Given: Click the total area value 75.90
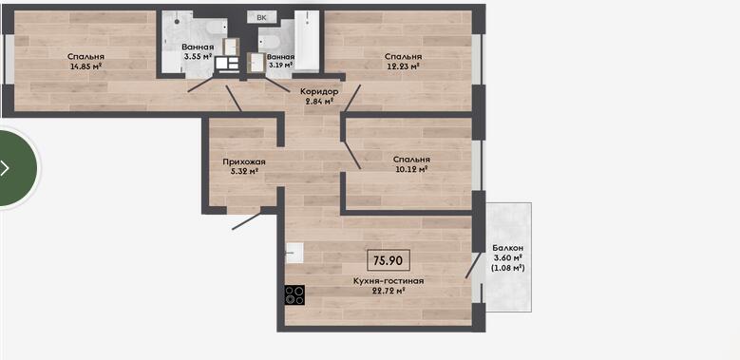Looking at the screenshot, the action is (389, 260).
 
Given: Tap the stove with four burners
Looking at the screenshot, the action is (294, 294).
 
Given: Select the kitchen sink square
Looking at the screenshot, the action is (294, 253).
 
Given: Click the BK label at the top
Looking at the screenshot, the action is (261, 17).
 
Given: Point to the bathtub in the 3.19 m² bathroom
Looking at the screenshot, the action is (307, 41).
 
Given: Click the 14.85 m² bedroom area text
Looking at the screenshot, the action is (85, 66).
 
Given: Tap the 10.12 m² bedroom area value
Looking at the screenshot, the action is (412, 168).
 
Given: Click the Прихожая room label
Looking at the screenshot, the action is (244, 161).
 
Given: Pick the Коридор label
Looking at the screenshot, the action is (319, 91).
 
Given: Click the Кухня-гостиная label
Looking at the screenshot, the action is (389, 281).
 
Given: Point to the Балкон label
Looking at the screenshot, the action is (508, 248).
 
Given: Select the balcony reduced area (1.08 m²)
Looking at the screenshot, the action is (508, 268).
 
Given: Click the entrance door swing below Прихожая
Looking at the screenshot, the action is (246, 220).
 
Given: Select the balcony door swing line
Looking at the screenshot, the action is (473, 265).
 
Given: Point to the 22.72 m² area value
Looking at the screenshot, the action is (389, 291).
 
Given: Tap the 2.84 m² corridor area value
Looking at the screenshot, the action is (319, 101).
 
